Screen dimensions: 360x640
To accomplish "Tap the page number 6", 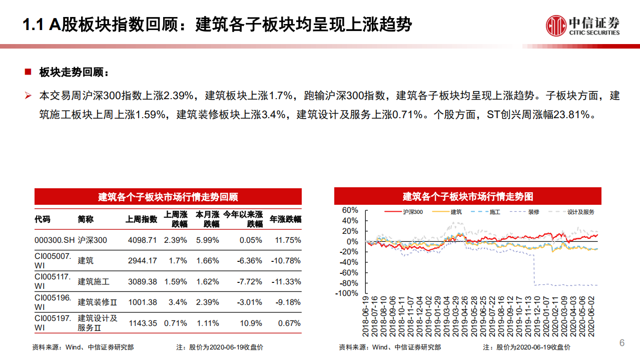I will tap(622, 343).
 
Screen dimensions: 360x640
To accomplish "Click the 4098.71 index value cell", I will tap(142, 240).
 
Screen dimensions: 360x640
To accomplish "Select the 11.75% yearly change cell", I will tap(288, 240).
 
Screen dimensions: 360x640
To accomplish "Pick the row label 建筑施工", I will tap(94, 282).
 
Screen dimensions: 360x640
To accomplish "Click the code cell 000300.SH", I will tap(55, 240).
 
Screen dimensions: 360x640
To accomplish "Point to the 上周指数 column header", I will tap(141, 219).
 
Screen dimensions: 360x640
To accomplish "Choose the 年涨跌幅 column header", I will tap(285, 219).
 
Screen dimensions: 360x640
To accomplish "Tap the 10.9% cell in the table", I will tap(251, 323).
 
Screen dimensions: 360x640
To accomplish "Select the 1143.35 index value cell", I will tap(142, 323).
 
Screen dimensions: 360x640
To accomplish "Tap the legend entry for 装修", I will tap(533, 212).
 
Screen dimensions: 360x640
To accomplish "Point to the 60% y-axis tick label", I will tap(350, 210).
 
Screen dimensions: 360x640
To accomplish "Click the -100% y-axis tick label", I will tap(347, 293).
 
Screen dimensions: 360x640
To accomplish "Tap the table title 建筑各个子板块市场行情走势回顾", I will tap(168, 197).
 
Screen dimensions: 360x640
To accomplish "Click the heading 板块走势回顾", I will tap(74, 73).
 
